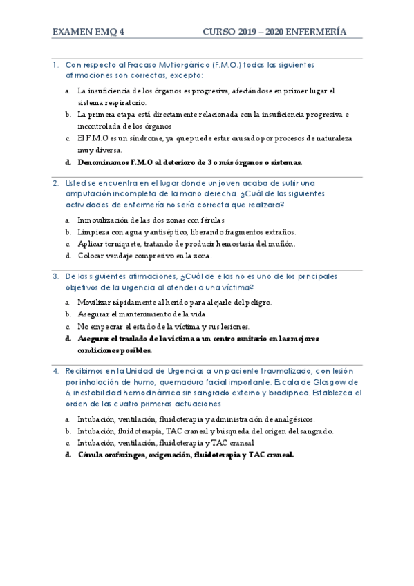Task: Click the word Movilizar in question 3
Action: tap(95, 302)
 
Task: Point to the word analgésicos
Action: tap(291, 419)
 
